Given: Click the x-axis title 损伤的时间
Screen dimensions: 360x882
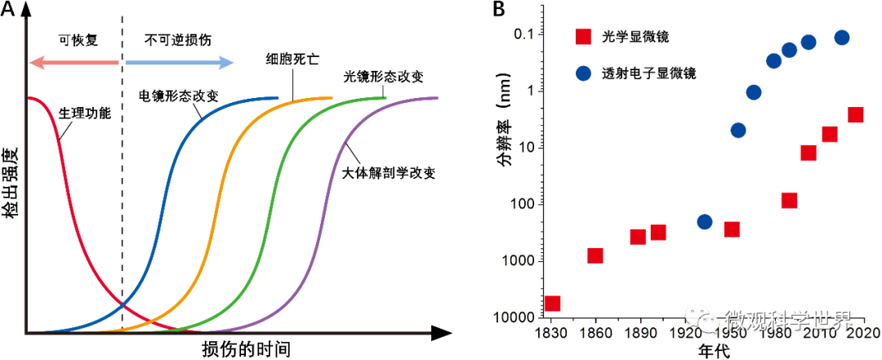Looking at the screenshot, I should [x=246, y=349].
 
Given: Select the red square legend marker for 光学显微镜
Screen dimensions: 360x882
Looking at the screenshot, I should [x=584, y=38].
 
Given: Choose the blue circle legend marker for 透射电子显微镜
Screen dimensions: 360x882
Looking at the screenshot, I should [x=584, y=73].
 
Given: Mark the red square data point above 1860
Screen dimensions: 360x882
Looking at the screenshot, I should [x=595, y=256].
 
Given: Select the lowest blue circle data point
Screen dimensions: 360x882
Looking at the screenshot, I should [x=705, y=222].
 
